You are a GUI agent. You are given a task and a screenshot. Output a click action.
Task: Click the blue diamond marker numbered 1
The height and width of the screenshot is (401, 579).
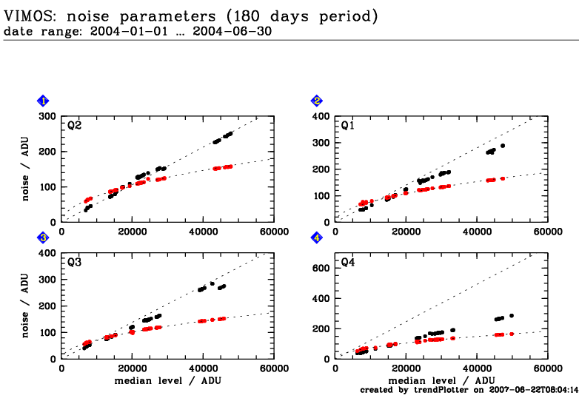click(44, 101)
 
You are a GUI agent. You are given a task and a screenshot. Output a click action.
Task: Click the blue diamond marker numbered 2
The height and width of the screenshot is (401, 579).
click(317, 101)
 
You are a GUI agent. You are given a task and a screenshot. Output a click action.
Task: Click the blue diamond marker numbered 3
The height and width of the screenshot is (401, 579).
click(44, 237)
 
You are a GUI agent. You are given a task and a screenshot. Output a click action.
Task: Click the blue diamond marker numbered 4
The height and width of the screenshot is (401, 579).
click(317, 237)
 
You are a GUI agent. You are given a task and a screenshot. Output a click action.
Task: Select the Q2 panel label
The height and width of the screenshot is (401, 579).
click(74, 126)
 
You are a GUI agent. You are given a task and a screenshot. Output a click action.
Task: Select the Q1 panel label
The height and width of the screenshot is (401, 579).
click(347, 126)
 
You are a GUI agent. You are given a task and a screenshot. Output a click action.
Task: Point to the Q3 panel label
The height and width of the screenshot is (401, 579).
click(74, 262)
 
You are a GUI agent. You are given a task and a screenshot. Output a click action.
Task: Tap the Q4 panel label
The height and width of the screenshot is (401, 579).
click(347, 262)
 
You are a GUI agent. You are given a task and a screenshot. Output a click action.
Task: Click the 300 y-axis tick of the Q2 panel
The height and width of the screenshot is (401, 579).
click(47, 116)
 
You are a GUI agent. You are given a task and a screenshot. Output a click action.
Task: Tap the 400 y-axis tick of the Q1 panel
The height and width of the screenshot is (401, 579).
click(321, 116)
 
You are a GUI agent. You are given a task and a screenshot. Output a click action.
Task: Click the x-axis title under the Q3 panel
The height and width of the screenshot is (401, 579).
click(167, 380)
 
